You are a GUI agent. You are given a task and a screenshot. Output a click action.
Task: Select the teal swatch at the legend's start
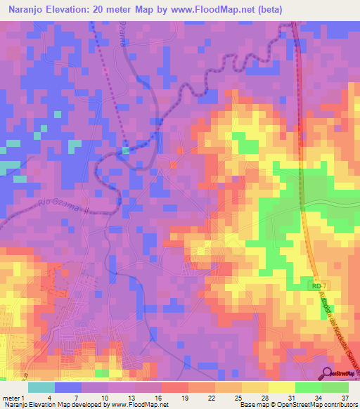click(41, 387)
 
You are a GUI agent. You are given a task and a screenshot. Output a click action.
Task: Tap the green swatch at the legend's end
click(335, 387)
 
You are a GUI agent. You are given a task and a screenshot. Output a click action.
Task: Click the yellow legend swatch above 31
click(282, 387)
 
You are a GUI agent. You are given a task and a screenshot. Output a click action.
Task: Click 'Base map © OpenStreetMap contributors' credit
click(297, 405)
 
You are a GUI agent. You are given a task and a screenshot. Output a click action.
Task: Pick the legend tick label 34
click(318, 397)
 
